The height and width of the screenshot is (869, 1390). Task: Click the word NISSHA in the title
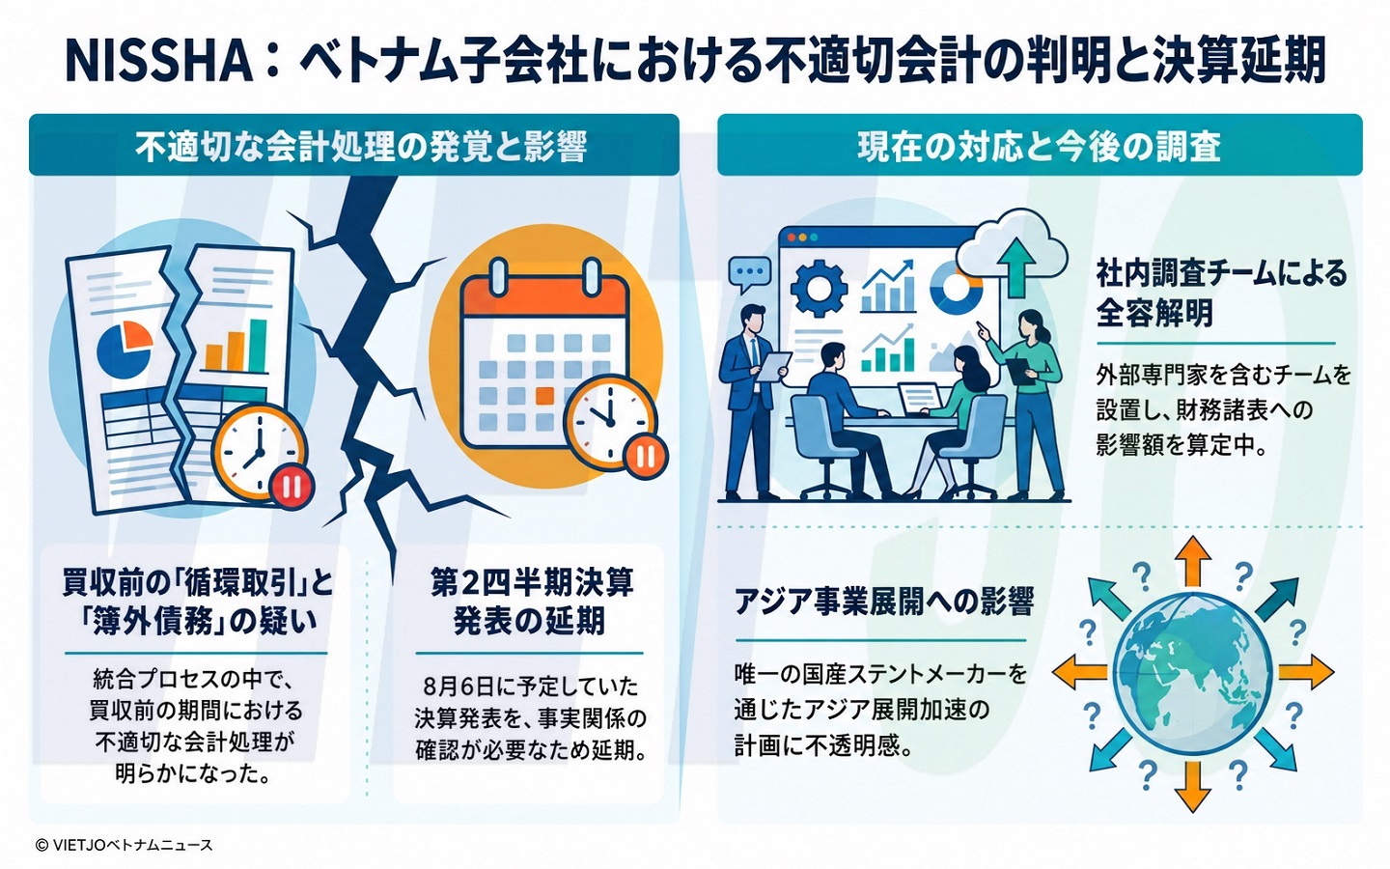pyautogui.click(x=159, y=62)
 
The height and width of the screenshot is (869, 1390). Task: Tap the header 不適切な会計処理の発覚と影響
pyautogui.click(x=361, y=147)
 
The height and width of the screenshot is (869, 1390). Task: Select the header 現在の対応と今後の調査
pyautogui.click(x=1040, y=147)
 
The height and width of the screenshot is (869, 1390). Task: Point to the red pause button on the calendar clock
pyautogui.click(x=646, y=458)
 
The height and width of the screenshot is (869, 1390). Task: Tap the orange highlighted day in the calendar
pyautogui.click(x=544, y=396)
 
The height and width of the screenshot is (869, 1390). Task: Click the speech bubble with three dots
pyautogui.click(x=750, y=274)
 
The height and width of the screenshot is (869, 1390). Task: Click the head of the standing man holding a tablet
pyautogui.click(x=753, y=319)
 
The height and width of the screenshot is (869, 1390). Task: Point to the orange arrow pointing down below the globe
pyautogui.click(x=1193, y=787)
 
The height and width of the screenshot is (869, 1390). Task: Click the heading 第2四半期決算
pyautogui.click(x=532, y=583)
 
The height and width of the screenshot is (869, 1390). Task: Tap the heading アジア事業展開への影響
pyautogui.click(x=883, y=601)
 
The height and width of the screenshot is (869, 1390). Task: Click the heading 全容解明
pyautogui.click(x=1154, y=312)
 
